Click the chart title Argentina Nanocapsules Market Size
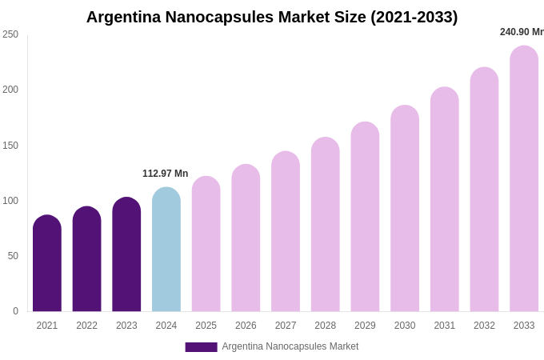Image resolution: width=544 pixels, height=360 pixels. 272,17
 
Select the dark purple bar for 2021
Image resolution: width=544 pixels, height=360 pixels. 47,264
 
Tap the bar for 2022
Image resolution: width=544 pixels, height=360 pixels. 86,260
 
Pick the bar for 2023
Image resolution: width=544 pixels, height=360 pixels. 126,255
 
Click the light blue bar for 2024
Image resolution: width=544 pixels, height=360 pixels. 166,250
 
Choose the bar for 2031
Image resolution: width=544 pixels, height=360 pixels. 445,200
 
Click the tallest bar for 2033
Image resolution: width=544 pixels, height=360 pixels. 524,179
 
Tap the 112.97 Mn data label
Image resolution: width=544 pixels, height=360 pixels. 165,174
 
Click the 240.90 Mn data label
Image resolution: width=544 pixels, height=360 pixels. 522,32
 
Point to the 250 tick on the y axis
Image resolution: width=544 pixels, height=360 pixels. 10,34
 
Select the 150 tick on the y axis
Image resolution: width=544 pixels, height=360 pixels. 10,146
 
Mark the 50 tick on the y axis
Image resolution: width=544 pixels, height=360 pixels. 13,256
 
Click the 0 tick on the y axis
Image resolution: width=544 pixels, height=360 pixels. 15,311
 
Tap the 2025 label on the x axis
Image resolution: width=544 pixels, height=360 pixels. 206,326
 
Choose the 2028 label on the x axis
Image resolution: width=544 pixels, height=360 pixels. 325,326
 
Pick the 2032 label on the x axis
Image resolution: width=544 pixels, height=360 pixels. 484,326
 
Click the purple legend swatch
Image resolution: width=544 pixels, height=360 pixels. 201,347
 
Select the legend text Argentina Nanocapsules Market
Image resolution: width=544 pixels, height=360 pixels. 290,346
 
